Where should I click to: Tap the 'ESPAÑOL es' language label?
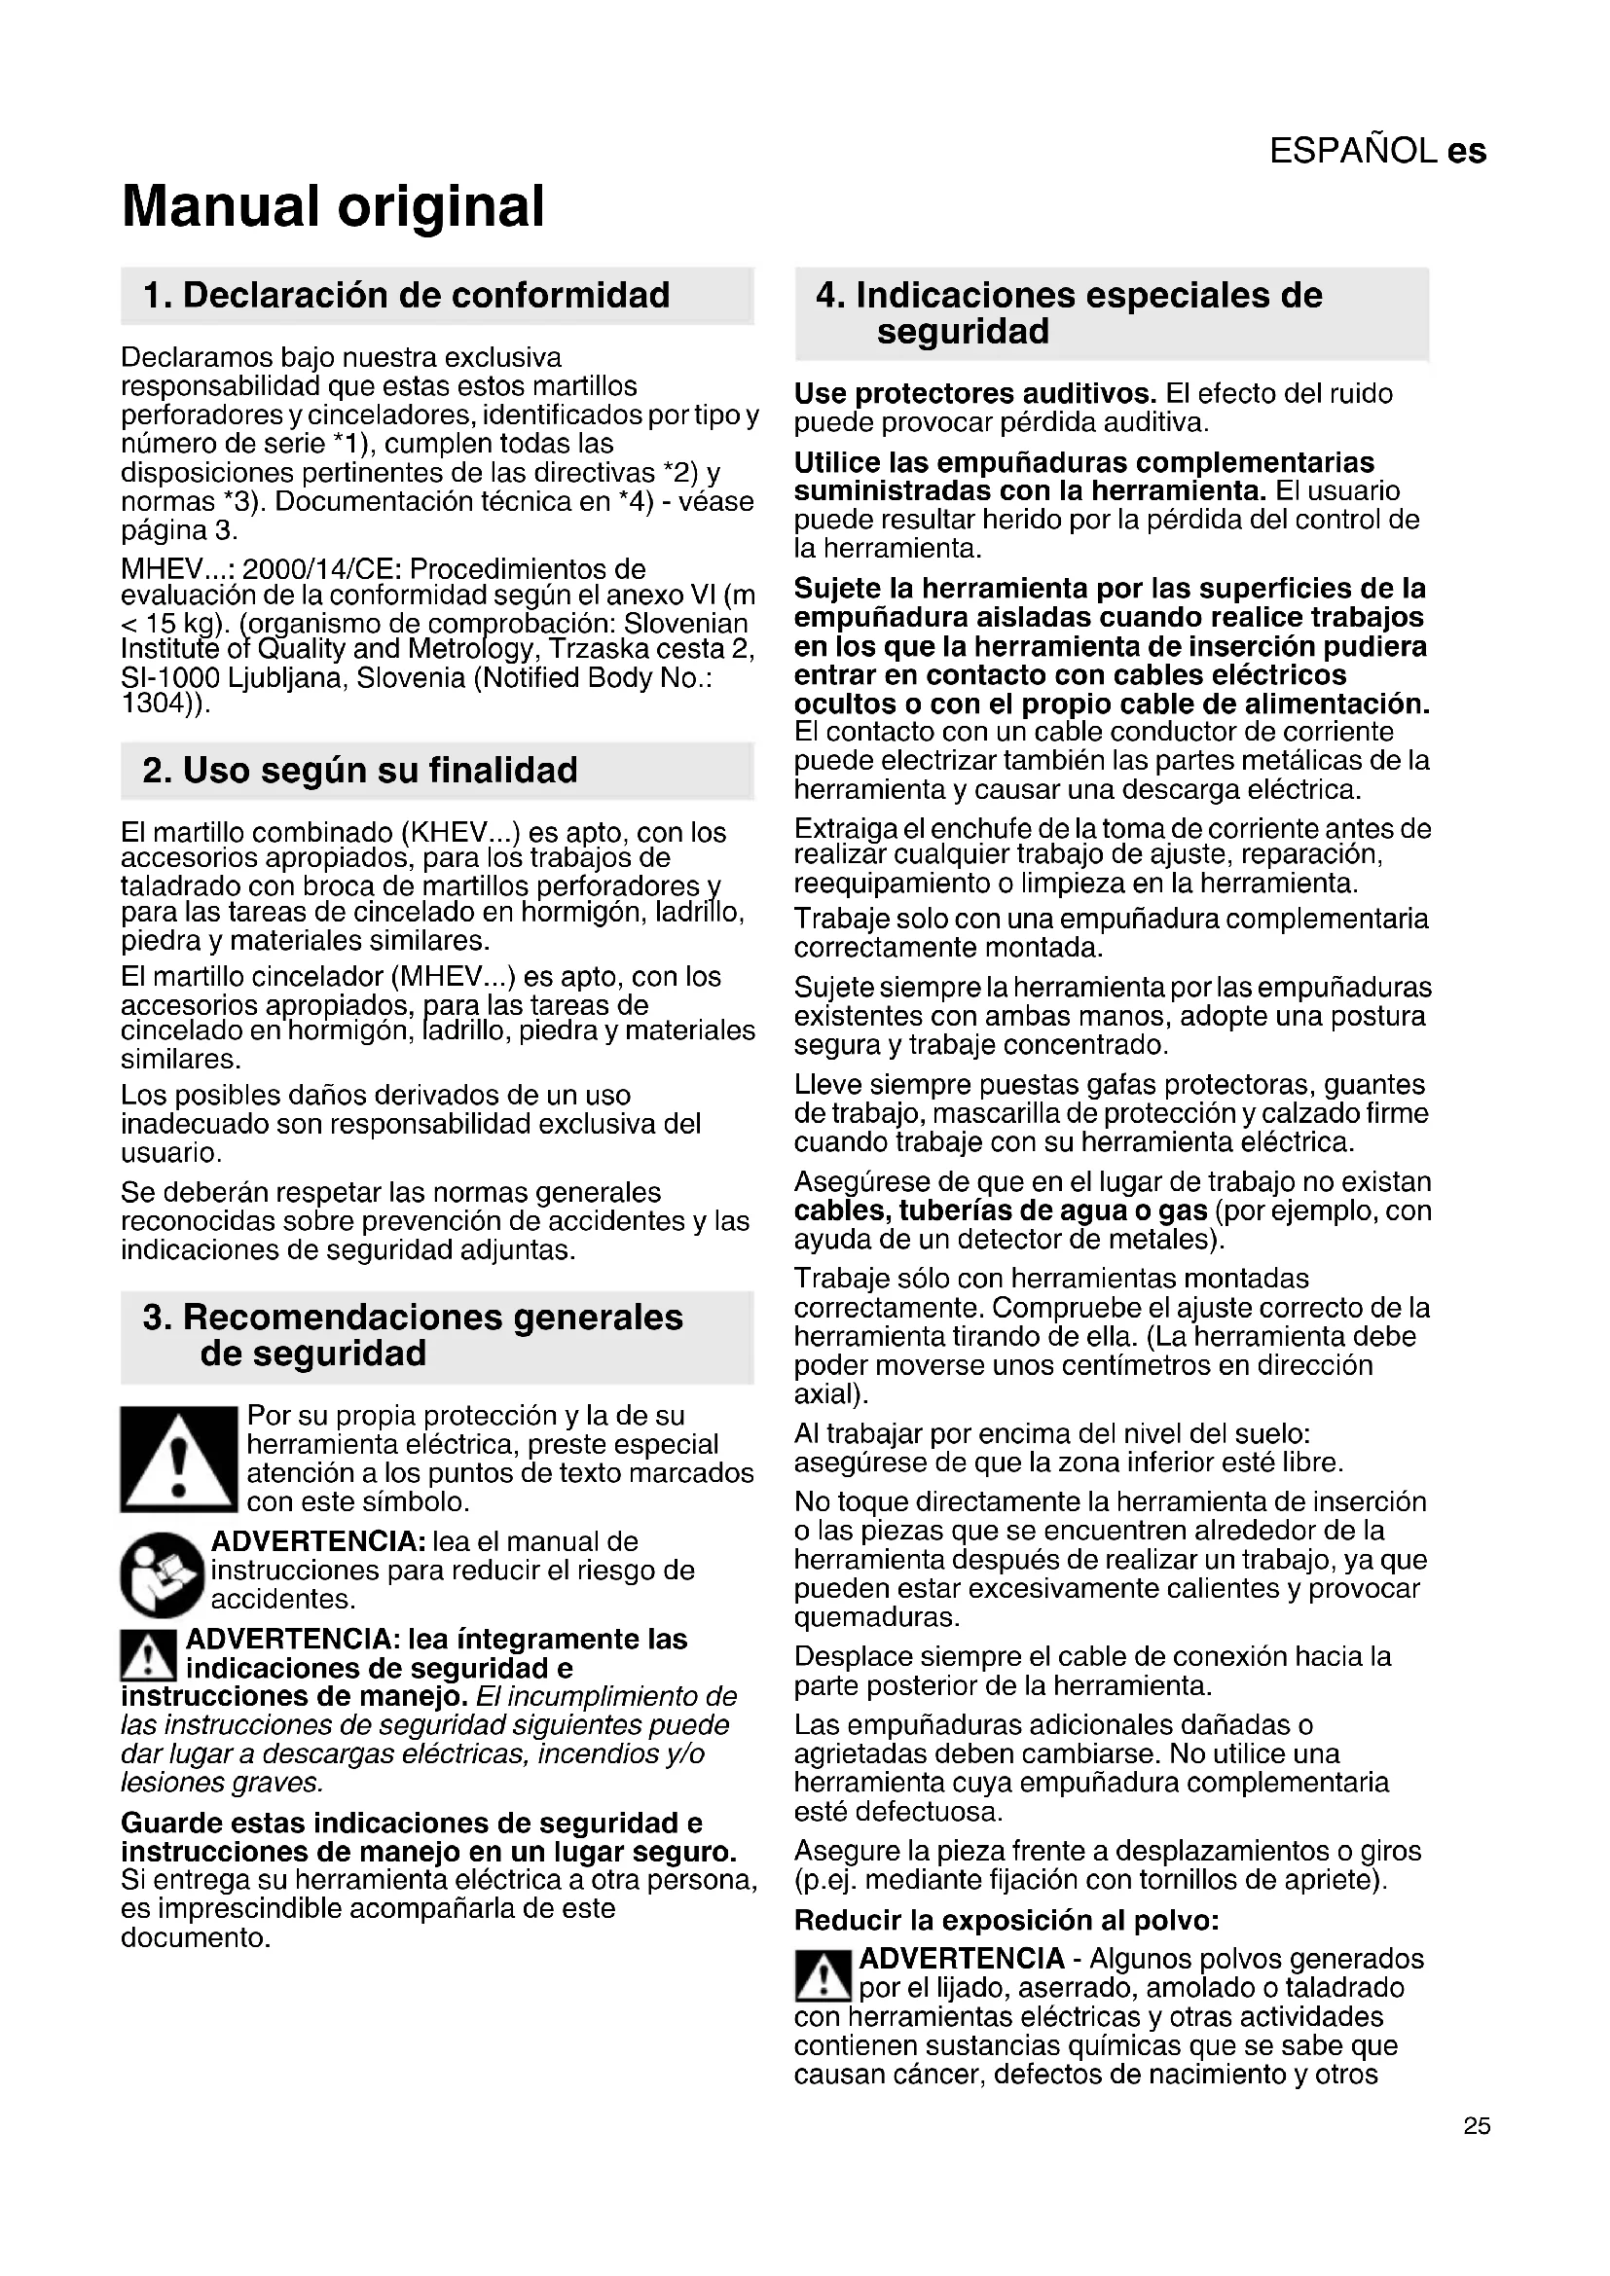(1377, 151)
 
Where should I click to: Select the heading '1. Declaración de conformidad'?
(407, 296)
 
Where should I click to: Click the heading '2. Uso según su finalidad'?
(360, 771)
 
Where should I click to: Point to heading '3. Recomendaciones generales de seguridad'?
(413, 1335)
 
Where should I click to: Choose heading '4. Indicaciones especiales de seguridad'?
(1069, 312)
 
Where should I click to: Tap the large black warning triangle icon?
(178, 1460)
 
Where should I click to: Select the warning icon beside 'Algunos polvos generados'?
(822, 1975)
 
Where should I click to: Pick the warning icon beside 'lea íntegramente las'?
(148, 1654)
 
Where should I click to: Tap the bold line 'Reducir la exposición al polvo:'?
(1006, 1920)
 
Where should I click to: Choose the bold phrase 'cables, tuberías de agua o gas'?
(1001, 1210)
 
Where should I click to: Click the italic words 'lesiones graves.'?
(222, 1784)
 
